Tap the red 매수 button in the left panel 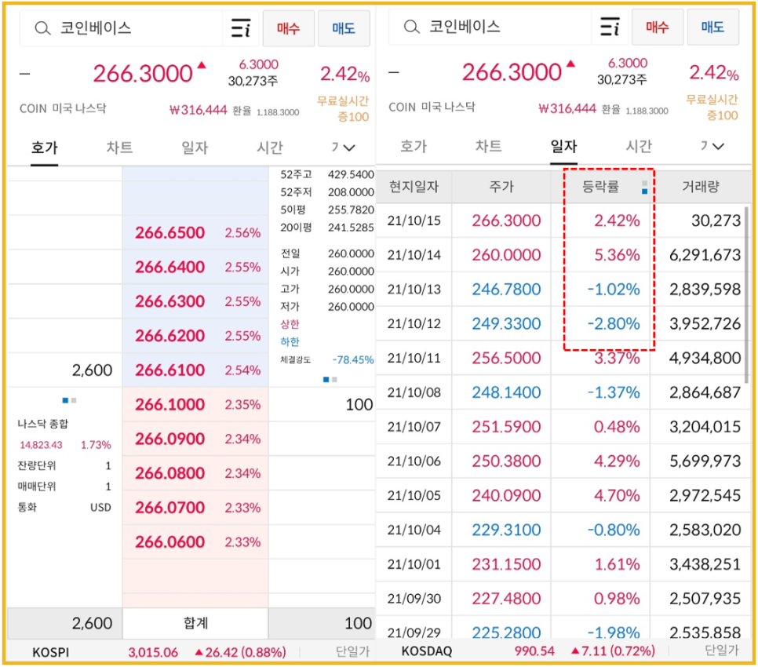pyautogui.click(x=288, y=28)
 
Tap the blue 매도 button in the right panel pyautogui.click(x=712, y=27)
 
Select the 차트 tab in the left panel pyautogui.click(x=119, y=147)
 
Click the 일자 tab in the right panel pyautogui.click(x=563, y=146)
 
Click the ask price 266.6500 pyautogui.click(x=169, y=233)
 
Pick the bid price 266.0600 pyautogui.click(x=169, y=542)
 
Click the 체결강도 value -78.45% pyautogui.click(x=352, y=360)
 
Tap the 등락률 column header pyautogui.click(x=600, y=187)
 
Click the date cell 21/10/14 pyautogui.click(x=414, y=255)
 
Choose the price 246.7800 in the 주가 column pyautogui.click(x=506, y=290)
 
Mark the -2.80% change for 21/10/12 pyautogui.click(x=614, y=324)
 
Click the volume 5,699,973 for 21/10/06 pyautogui.click(x=705, y=461)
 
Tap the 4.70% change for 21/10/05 pyautogui.click(x=617, y=496)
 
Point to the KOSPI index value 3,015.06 pyautogui.click(x=153, y=652)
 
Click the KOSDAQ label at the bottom pyautogui.click(x=428, y=651)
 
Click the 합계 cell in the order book pyautogui.click(x=195, y=624)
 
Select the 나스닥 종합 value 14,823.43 pyautogui.click(x=40, y=445)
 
